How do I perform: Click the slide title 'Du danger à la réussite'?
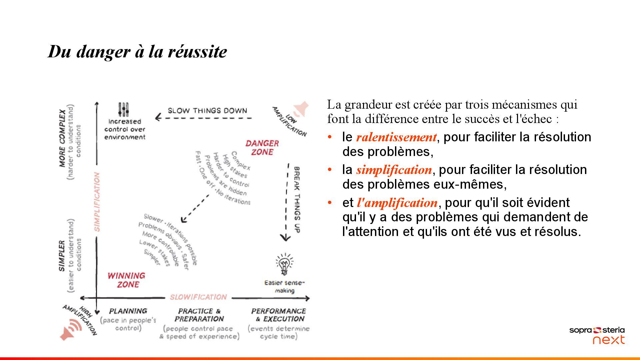click(137, 52)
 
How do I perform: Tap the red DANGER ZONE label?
click(262, 148)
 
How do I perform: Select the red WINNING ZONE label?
click(126, 280)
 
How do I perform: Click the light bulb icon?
click(284, 264)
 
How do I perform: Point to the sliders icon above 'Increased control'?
click(123, 109)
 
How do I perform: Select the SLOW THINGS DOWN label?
click(207, 111)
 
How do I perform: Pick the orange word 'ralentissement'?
click(396, 137)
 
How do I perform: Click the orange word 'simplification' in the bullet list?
click(394, 170)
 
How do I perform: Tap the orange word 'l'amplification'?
click(397, 203)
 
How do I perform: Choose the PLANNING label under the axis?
click(128, 311)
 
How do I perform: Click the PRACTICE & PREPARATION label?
click(199, 315)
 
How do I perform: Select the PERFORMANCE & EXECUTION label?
click(278, 315)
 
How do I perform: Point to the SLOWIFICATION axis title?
click(198, 297)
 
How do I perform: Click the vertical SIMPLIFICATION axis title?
click(97, 202)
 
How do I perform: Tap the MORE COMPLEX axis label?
click(62, 138)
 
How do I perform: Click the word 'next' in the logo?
click(609, 340)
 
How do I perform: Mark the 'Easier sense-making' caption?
click(284, 287)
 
